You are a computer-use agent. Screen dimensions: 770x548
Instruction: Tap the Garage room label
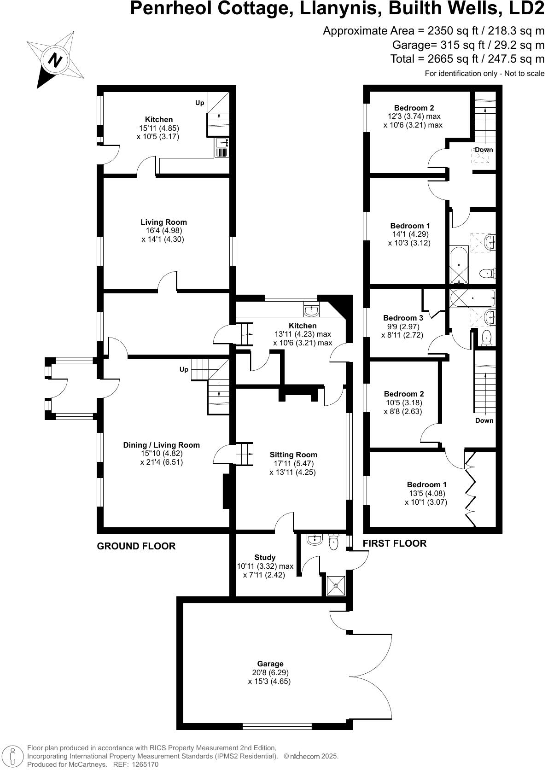pos(270,664)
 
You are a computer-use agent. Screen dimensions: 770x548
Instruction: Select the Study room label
pos(265,557)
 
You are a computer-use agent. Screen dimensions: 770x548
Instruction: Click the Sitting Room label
pos(293,455)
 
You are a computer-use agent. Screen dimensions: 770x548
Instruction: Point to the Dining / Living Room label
pos(161,445)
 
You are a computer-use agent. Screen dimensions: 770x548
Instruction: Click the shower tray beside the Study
pos(336,585)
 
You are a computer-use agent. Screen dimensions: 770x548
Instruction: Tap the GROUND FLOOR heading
pos(136,546)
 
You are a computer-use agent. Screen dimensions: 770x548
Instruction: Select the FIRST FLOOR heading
pos(394,543)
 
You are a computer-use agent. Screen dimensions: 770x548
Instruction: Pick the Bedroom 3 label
pos(403,318)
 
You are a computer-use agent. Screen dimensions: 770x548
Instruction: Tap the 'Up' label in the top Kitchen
pos(199,103)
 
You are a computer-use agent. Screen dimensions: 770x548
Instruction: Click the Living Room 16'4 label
pos(163,222)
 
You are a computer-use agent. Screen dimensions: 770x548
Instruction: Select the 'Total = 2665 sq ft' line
pos(467,59)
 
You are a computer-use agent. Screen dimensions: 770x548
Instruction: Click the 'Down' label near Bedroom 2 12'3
pos(484,150)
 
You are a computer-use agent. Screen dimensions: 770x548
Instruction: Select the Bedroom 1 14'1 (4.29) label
pos(410,226)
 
